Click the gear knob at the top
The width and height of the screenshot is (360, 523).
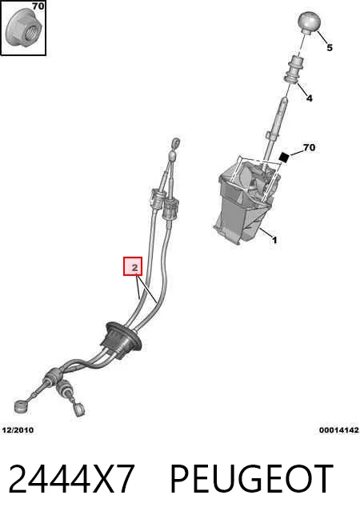309,22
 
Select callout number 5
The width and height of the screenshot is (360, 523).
330,47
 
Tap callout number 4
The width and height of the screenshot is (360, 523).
310,98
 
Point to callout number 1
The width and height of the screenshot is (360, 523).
274,240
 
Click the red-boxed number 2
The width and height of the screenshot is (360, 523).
133,266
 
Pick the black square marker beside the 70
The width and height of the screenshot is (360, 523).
284,158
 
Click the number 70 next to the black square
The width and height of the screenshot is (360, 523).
309,147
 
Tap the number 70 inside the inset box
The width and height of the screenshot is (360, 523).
38,6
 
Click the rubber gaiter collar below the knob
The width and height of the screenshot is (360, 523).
294,69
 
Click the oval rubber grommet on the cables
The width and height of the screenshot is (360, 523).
122,340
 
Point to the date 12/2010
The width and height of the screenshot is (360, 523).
18,430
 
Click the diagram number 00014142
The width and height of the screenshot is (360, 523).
339,430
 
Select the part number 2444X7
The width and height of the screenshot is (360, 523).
72,479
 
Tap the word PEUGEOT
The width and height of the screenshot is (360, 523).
251,479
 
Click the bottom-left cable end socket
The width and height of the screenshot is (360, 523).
21,406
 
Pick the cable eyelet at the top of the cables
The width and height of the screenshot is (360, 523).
176,143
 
